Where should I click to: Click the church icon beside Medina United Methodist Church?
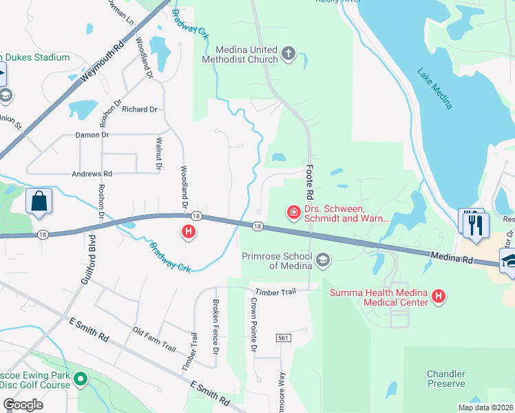coord(288,54)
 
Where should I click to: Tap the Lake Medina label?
coord(435,88)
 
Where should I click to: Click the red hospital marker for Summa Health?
coord(438,297)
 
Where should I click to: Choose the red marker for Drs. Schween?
coord(294,213)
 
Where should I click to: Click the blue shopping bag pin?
coord(39,202)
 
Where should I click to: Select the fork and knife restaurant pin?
coord(476,225)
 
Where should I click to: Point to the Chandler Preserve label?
coord(446,379)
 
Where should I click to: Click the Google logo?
coord(23,405)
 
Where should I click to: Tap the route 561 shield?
coord(282,338)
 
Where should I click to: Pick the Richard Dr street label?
coord(140,109)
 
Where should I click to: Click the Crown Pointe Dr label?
coord(253,326)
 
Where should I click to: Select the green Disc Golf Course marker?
coord(81,379)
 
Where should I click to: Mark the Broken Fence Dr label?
coord(216,328)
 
